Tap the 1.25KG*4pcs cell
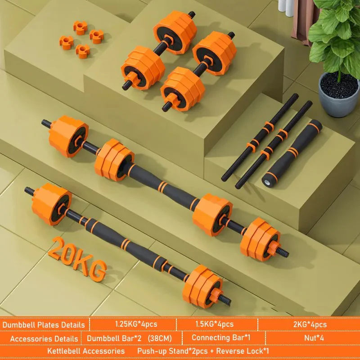[x=133, y=324]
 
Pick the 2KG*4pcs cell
[x=309, y=324]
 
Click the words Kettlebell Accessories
[x=86, y=351]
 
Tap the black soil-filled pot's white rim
[x=338, y=90]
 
